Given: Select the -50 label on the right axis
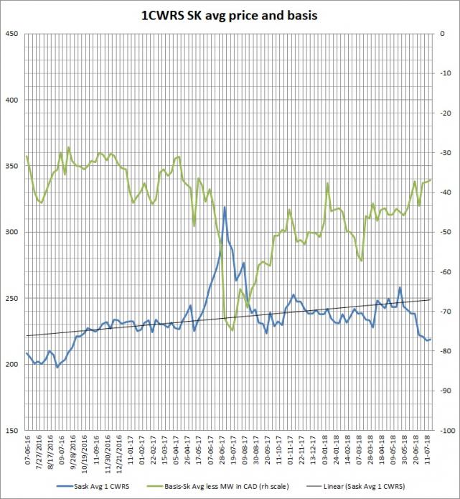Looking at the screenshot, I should pos(447,232).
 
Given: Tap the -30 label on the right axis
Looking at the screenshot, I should pos(447,153).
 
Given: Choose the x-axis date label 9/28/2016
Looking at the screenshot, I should pos(72,452).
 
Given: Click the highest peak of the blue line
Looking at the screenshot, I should pos(225,207).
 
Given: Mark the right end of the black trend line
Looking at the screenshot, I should pos(431,299).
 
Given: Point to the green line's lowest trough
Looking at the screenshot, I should pos(232,330).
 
